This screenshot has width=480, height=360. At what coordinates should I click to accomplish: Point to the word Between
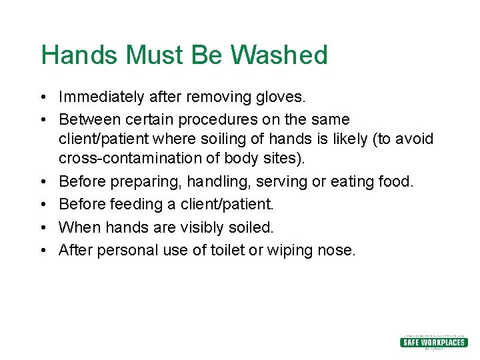pyautogui.click(x=87, y=119)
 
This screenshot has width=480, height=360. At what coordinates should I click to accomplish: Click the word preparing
pyautogui.click(x=145, y=181)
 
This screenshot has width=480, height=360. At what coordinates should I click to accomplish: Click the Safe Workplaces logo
pyautogui.click(x=433, y=342)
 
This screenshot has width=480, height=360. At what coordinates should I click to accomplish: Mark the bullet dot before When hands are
pyautogui.click(x=43, y=227)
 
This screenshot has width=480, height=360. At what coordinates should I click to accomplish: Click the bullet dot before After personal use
pyautogui.click(x=43, y=250)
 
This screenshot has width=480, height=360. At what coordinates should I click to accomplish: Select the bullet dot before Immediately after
pyautogui.click(x=43, y=97)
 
